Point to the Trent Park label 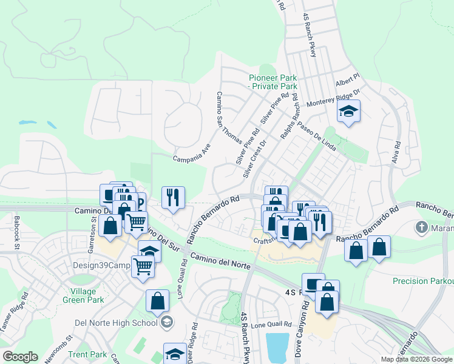[x=87, y=354]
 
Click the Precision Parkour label [x=423, y=281]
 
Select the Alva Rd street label [x=398, y=154]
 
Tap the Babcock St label [x=17, y=233]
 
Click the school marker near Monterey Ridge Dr [x=348, y=112]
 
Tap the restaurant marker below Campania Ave [x=173, y=197]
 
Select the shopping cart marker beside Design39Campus [x=143, y=265]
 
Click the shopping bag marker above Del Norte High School [x=157, y=300]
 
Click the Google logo [x=21, y=357]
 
